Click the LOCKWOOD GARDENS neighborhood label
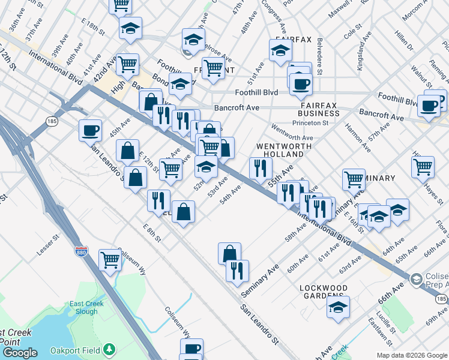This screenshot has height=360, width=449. point(324,292)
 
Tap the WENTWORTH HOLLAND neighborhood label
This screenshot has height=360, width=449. point(284,150)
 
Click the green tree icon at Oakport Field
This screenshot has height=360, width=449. point(109,349)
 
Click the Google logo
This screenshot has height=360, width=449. point(20,353)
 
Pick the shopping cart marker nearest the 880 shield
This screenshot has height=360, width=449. point(110,260)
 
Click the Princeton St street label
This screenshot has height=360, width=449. point(310,123)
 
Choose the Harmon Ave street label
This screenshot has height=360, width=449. point(356,137)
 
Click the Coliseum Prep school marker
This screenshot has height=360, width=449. point(416,280)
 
